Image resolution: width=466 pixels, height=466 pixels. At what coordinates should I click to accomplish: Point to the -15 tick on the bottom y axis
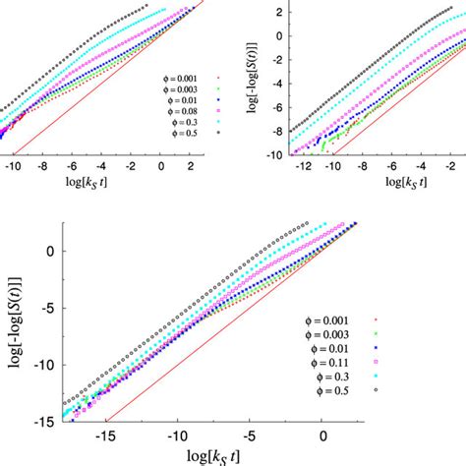coord(47,421)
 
